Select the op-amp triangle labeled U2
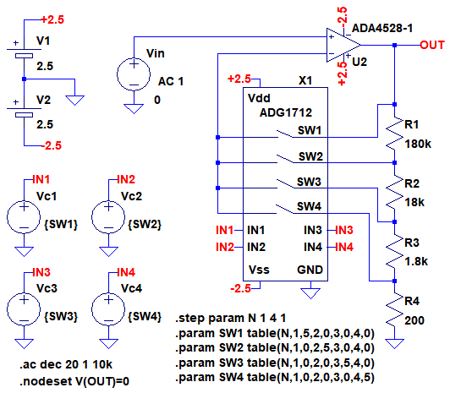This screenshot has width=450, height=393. pos(343,45)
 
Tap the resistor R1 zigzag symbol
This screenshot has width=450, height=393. pos(395,134)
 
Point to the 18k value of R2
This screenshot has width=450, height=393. pos(414,202)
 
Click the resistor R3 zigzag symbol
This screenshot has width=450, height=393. pos(395,251)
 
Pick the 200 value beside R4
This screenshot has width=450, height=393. pos(414,320)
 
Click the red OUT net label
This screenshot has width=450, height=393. pos(432,45)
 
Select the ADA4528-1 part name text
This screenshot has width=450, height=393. pos(382,28)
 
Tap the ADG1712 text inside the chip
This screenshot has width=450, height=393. pos(286,112)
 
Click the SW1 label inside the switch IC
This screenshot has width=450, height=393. pos(310,130)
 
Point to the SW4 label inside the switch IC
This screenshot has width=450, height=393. pos(309,206)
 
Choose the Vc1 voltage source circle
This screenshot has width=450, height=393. pos(24,217)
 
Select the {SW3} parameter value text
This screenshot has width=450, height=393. pos(61,316)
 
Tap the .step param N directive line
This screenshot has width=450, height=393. pos(231,318)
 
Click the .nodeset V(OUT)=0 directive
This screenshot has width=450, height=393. pos(74,381)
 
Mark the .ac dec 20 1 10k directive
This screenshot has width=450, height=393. pos(66,364)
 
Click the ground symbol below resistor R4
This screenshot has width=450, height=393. pos(395,344)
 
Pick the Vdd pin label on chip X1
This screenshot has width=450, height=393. pos(259,98)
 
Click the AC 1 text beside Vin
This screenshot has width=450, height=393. pos(171,81)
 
